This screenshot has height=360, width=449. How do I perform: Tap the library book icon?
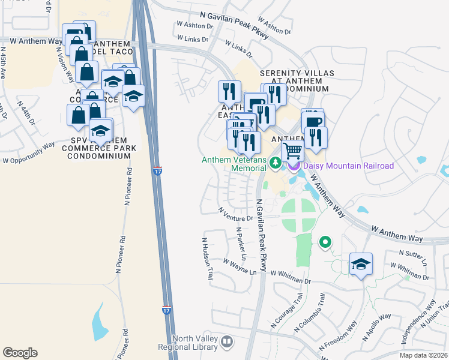(226, 343)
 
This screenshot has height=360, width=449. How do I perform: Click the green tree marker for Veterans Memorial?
(276, 162)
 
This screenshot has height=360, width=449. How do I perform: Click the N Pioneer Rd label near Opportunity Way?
(128, 186)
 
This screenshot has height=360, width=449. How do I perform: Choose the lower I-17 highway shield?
(166, 310)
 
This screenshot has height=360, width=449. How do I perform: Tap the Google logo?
(20, 353)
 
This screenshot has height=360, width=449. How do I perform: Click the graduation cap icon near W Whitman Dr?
(361, 263)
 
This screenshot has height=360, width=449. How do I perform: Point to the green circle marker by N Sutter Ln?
(325, 242)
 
